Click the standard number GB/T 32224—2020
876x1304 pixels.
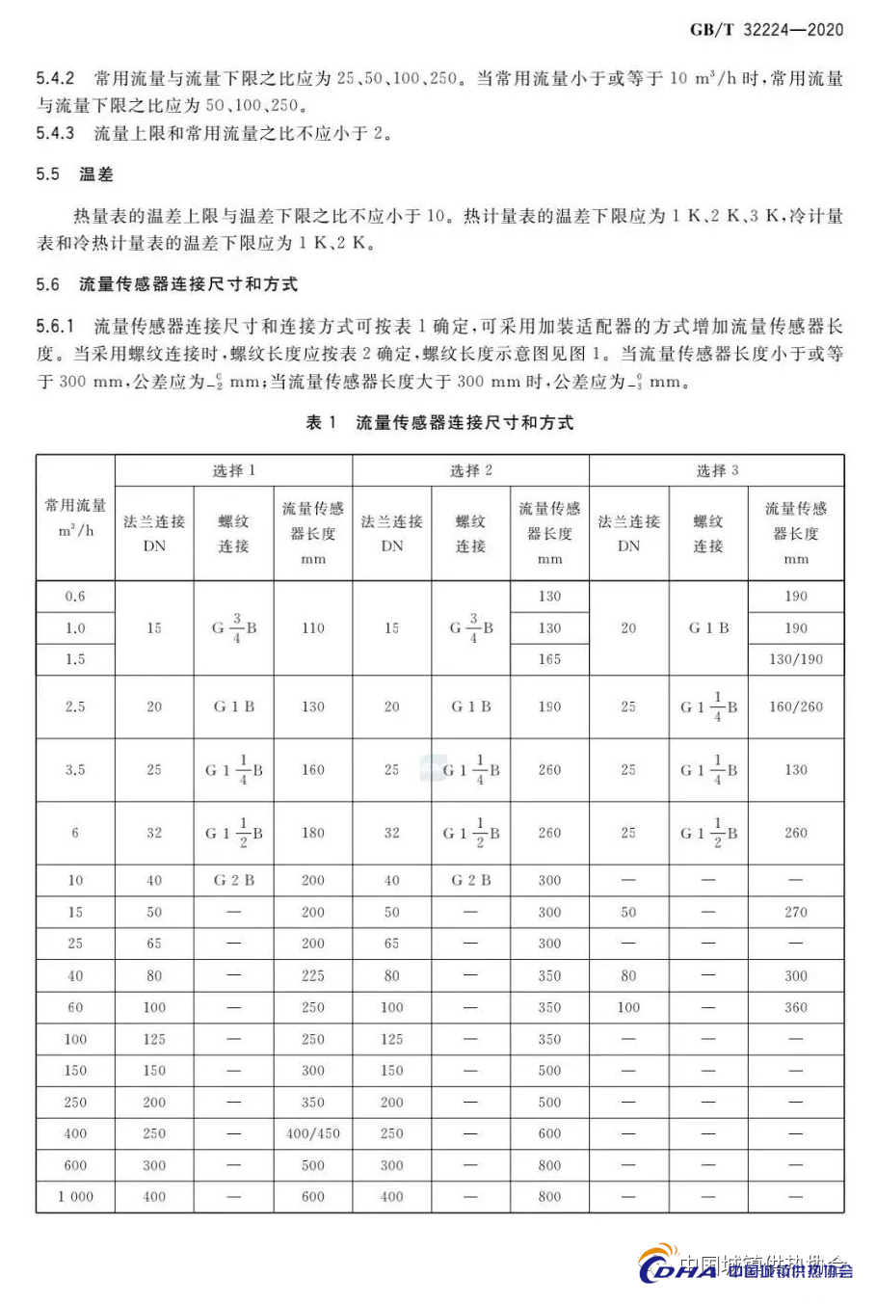click(766, 30)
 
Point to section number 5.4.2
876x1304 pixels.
click(55, 78)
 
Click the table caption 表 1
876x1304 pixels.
click(321, 422)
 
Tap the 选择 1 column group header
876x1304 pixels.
click(233, 470)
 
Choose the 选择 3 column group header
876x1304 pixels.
click(716, 470)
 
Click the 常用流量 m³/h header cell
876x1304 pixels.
click(75, 518)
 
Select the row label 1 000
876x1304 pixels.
click(75, 1197)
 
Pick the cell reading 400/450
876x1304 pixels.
click(313, 1133)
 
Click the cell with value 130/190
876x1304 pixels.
click(796, 659)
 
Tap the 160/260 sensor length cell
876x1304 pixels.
click(796, 706)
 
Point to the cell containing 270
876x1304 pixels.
click(796, 912)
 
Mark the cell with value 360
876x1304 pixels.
click(796, 1007)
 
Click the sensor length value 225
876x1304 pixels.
click(313, 975)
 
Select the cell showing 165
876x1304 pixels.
click(549, 659)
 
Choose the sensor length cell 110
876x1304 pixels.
click(313, 627)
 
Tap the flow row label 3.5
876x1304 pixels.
click(75, 770)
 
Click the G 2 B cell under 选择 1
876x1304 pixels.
click(233, 880)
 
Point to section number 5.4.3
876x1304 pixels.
click(55, 133)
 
